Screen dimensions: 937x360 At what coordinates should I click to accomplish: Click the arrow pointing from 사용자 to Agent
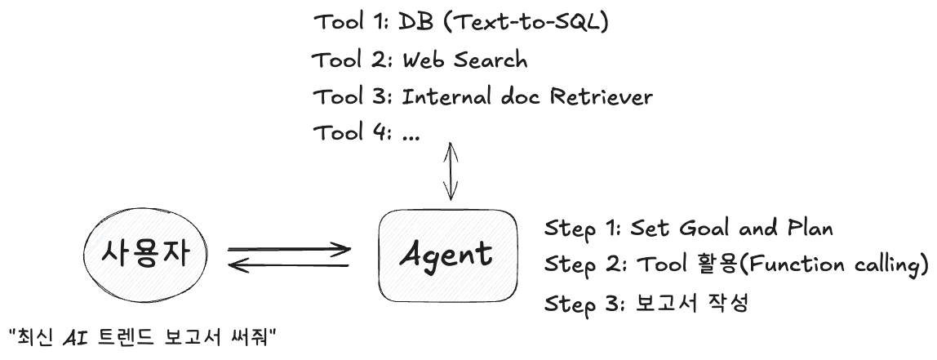coord(289,249)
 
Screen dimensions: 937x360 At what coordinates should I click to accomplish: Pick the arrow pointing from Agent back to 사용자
coord(289,264)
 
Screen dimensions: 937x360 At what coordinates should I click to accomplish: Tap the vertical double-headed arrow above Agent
coord(451,171)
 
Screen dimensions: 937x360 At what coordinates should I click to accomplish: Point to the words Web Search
coord(465,60)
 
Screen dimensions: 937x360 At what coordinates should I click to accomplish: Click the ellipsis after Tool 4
coord(411,136)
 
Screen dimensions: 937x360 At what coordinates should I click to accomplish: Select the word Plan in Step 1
coord(810,229)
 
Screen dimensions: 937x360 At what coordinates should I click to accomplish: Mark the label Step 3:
coord(584,303)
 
